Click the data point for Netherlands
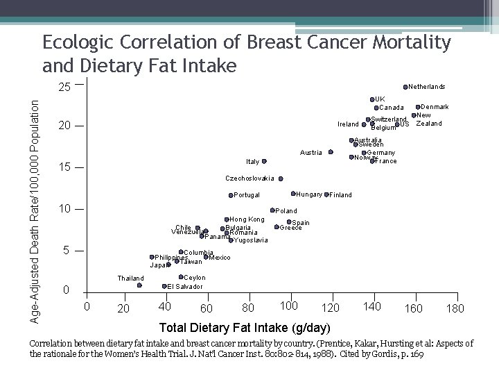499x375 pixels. [x=405, y=87]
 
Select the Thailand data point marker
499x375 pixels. [x=139, y=285]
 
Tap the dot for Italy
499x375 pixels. [x=264, y=161]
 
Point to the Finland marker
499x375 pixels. [x=326, y=194]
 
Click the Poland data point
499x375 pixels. [x=272, y=210]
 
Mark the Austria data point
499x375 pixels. [x=331, y=152]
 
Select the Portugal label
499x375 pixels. [x=247, y=195]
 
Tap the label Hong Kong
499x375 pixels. [x=247, y=219]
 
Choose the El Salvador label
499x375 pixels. [x=185, y=286]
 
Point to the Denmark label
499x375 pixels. [x=435, y=107]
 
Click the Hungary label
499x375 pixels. [x=309, y=194]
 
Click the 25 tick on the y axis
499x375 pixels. [x=64, y=88]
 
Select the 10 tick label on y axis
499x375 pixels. [x=64, y=209]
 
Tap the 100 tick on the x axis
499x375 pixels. [x=289, y=306]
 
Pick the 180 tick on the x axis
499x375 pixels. [x=455, y=308]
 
